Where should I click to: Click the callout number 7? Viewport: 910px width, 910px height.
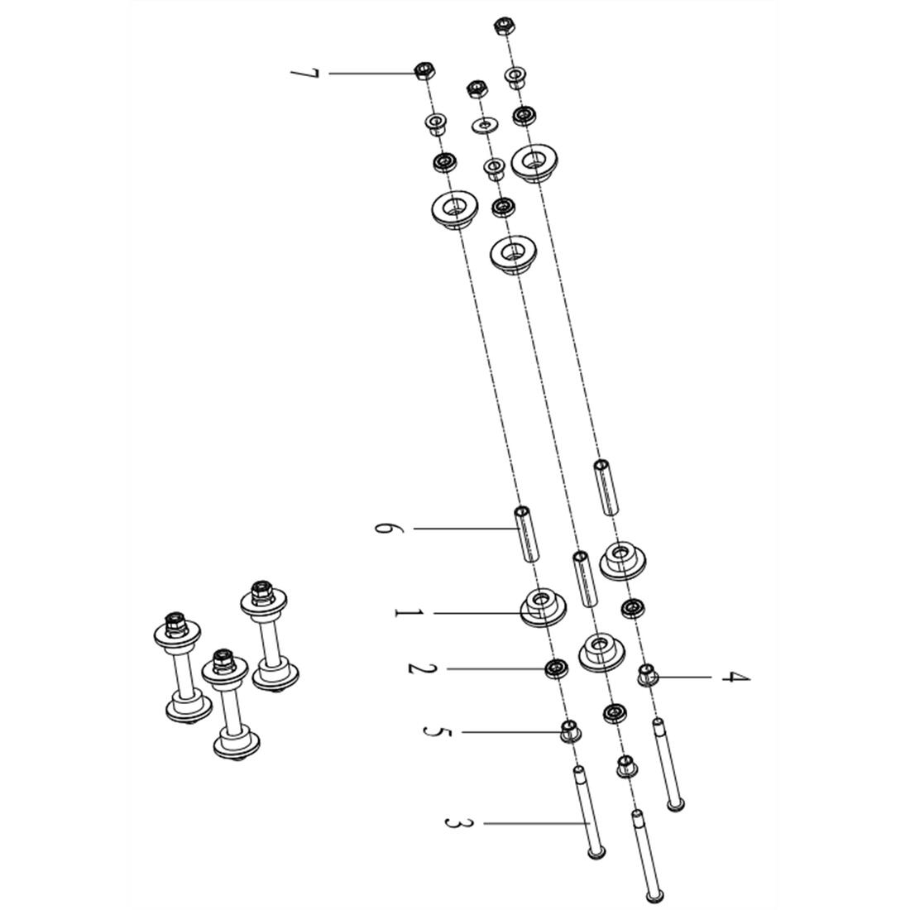coord(304,74)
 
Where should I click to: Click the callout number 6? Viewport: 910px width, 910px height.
coord(383,528)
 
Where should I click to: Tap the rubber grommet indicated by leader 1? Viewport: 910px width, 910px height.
coord(542,607)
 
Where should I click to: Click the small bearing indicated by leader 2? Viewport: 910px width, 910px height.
coord(555,668)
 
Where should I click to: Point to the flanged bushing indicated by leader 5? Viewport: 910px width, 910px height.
coord(569,731)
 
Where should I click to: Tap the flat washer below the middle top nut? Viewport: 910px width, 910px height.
coord(485,125)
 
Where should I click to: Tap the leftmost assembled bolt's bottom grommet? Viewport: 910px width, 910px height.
coord(186,711)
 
